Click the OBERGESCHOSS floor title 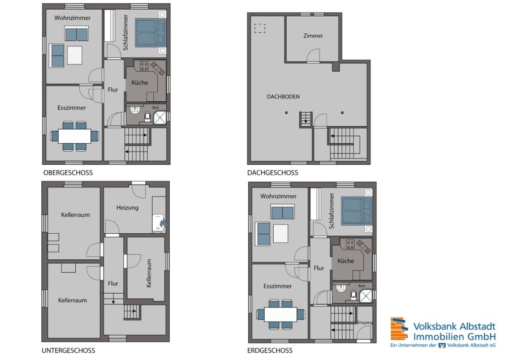click(68, 173)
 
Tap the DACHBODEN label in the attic click(283, 96)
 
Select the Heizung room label click(127, 208)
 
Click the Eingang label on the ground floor click(365, 322)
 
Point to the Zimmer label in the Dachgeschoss click(313, 36)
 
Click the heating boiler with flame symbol click(159, 222)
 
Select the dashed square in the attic click(260, 28)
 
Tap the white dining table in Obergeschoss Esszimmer click(75, 136)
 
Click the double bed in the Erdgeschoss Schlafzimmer click(356, 211)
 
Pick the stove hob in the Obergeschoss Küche click(144, 66)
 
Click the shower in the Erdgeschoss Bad click(366, 296)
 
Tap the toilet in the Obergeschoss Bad click(148, 116)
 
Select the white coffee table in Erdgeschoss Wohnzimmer click(281, 234)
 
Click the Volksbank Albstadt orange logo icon click(399, 329)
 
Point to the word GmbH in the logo click(482, 336)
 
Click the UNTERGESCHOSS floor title click(68, 350)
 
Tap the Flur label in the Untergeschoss click(113, 284)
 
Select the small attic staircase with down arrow click(305, 119)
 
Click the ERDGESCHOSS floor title click(270, 350)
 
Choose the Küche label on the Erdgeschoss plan click(346, 261)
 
